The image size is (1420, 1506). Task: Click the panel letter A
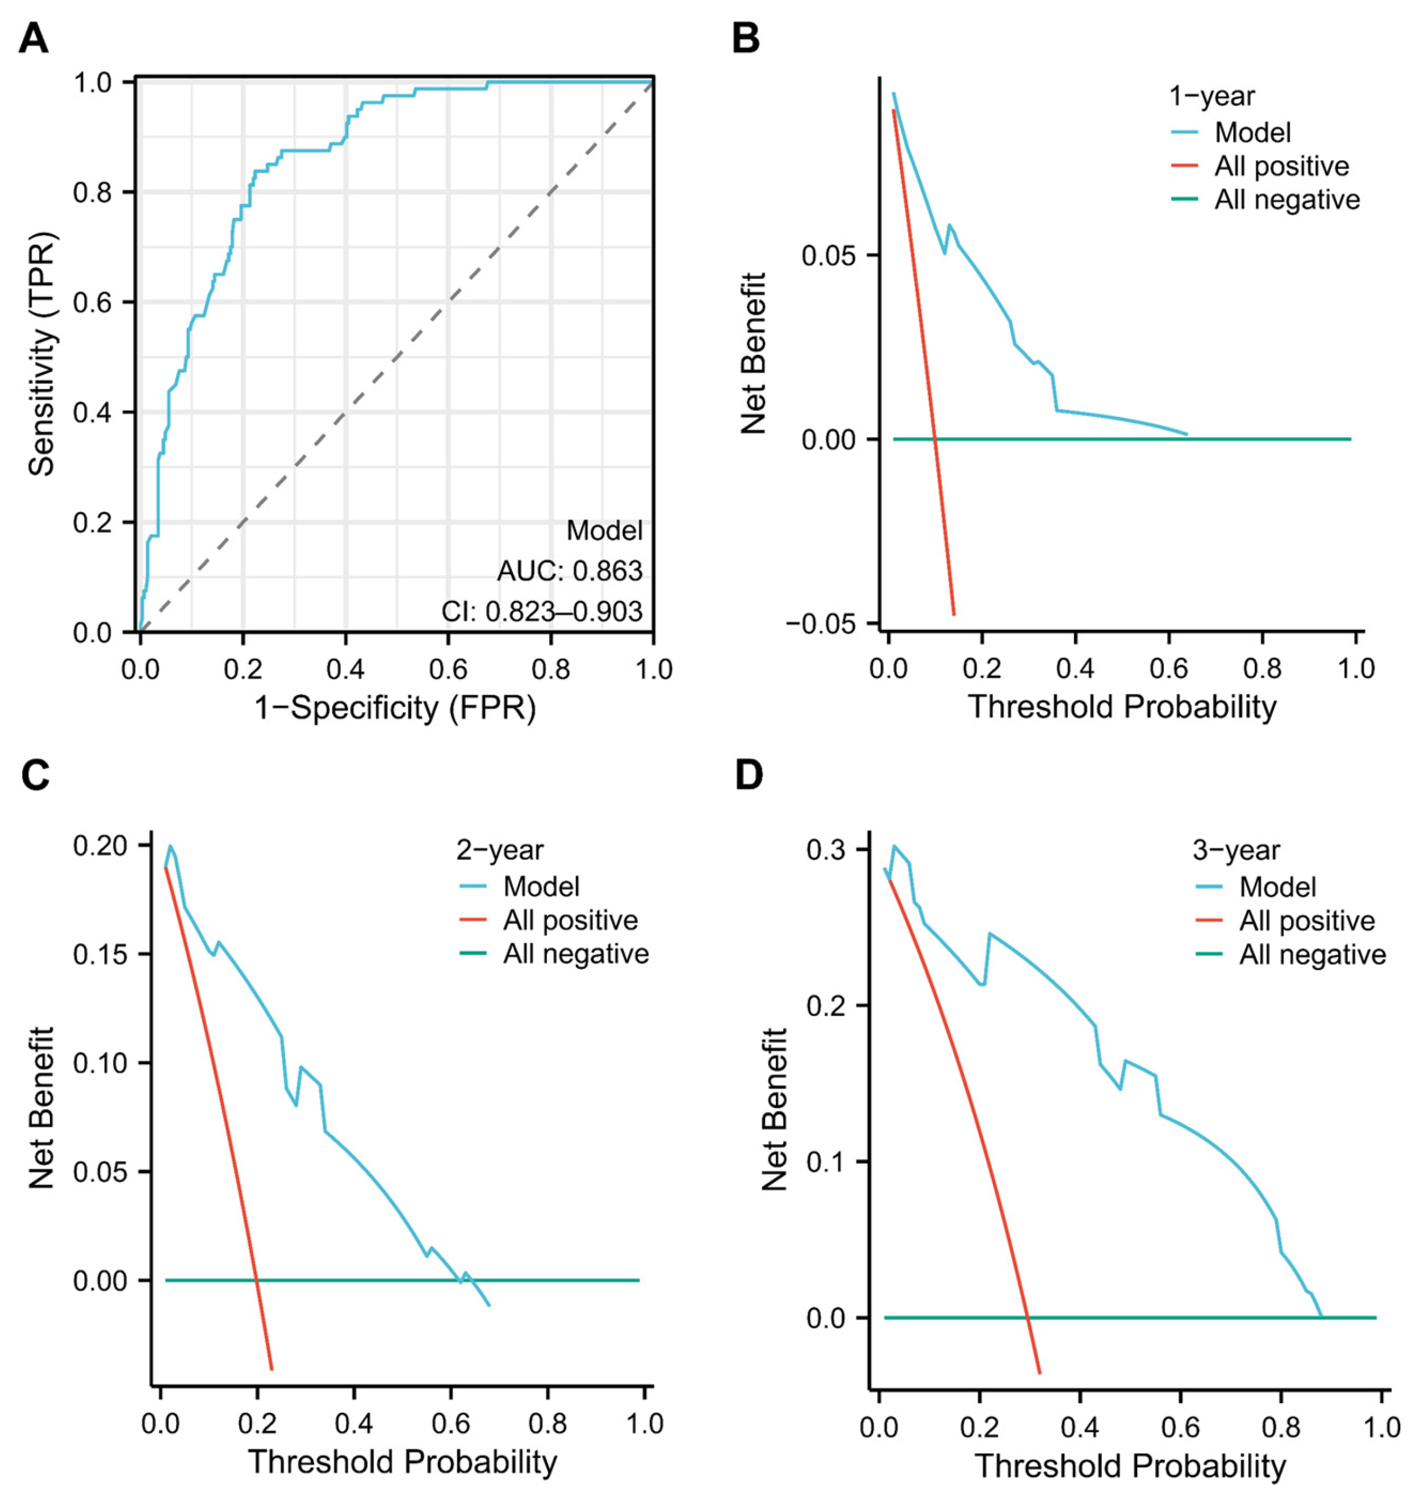point(34,38)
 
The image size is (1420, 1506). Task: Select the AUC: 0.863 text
point(569,571)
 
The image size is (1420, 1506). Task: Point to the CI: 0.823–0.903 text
point(542,612)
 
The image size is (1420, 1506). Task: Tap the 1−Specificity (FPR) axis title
point(395,708)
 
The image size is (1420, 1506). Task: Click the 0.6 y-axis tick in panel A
point(93,302)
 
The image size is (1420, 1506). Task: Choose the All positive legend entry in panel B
point(1281,166)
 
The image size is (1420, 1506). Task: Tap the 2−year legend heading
point(499,850)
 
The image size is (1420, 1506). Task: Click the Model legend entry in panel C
point(541,886)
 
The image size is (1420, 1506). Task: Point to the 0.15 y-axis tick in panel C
point(100,954)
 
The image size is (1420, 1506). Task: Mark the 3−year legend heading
point(1236,850)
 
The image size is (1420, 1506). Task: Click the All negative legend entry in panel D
point(1313,955)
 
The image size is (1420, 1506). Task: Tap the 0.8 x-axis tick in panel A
point(551,670)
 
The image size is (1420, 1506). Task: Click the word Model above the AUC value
point(604,530)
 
